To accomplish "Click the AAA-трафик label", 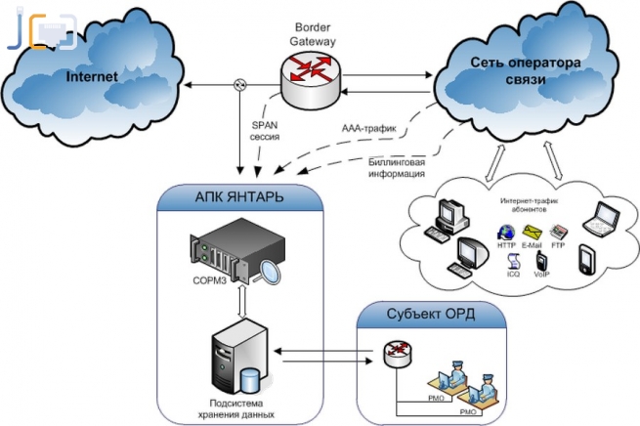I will (x=368, y=129).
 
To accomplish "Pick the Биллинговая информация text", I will (x=397, y=167).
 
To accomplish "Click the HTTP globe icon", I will (x=506, y=232).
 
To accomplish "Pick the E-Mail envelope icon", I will (x=533, y=232).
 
